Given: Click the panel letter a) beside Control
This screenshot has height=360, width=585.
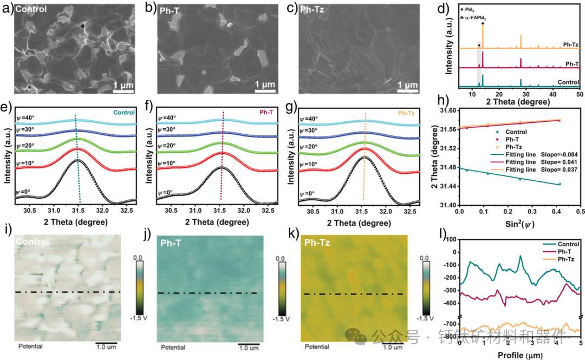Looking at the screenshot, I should (8, 9).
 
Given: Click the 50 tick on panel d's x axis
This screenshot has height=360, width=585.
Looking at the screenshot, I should (579, 94).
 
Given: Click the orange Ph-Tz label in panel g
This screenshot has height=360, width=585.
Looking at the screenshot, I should (406, 114).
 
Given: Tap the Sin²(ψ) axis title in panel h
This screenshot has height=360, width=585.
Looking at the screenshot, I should (518, 222).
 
